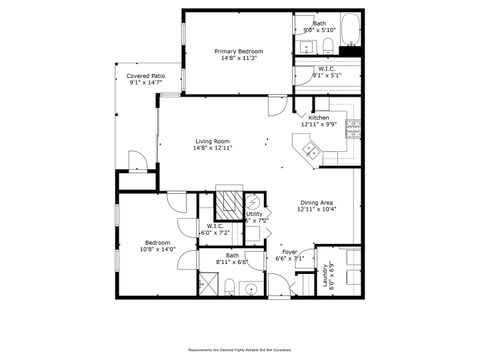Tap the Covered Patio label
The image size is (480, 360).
coord(146,76)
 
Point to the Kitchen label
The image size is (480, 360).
coord(319,118)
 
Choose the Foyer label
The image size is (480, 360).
coord(289,251)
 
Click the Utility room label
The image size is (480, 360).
coord(254,214)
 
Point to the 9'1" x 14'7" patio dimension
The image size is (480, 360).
coord(146,83)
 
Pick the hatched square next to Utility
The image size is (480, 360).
coord(231,204)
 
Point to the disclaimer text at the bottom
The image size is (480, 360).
coord(240,350)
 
